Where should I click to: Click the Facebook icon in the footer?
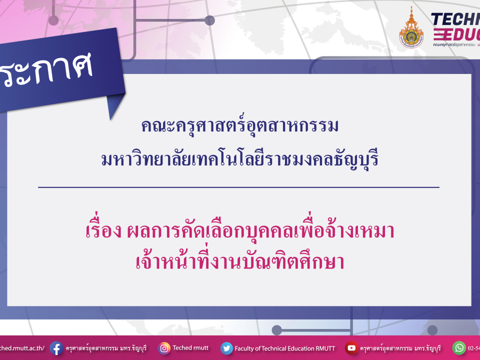click(56, 348)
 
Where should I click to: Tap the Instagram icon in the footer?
click(164, 348)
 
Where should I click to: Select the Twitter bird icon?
click(226, 348)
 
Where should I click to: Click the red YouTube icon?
click(351, 348)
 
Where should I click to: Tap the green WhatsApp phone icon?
click(459, 347)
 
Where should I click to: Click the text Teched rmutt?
click(190, 347)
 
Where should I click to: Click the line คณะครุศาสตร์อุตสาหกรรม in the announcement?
click(240, 126)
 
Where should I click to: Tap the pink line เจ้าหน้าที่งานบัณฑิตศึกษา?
click(240, 261)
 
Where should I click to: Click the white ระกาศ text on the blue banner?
click(47, 70)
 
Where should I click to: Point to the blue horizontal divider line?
click(238, 187)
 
